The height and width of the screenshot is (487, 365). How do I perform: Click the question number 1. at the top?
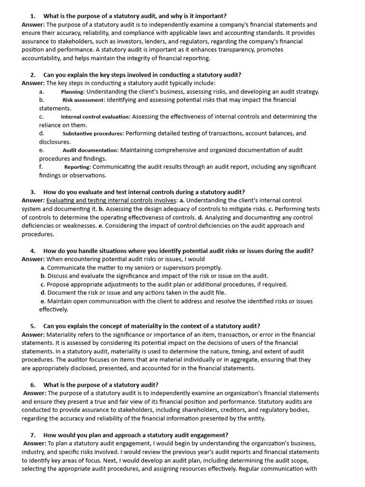click(33, 16)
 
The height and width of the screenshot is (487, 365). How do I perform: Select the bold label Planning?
click(73, 92)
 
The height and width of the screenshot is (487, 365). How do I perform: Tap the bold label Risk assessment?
click(84, 100)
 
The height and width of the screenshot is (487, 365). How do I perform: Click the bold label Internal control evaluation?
click(96, 117)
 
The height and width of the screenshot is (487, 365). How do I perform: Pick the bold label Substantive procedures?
click(93, 134)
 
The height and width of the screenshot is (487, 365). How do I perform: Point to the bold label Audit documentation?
click(90, 150)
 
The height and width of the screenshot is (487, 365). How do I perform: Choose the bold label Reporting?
click(77, 167)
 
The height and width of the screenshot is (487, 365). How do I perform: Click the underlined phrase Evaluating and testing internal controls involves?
click(111, 201)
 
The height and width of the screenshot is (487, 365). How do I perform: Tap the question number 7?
click(33, 435)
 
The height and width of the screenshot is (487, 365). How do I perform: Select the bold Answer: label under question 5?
click(33, 334)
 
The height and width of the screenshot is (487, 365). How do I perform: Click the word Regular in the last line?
click(250, 468)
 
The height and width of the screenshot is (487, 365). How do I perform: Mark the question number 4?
click(33, 251)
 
